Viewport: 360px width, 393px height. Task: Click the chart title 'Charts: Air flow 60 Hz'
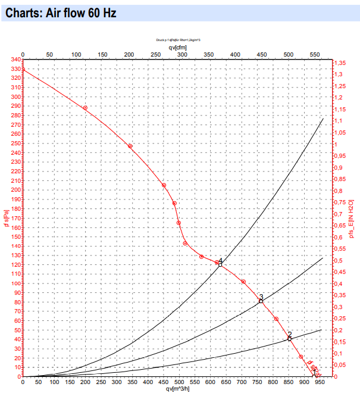tap(58, 12)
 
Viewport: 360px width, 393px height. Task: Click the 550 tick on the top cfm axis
tap(315, 55)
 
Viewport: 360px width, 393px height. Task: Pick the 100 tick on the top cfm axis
tap(76, 55)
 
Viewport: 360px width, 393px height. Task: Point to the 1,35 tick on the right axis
tap(340, 63)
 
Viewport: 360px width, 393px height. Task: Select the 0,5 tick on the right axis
tap(339, 261)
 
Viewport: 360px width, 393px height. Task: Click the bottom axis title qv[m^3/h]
tap(179, 389)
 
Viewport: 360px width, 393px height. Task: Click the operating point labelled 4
tap(220, 264)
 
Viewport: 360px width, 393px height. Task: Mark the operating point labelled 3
tap(261, 301)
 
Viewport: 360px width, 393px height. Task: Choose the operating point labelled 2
tap(290, 338)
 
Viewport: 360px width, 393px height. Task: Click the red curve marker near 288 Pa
tap(85, 108)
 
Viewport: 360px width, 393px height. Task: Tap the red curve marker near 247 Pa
tap(130, 146)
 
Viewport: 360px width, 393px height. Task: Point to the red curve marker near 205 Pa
tap(164, 185)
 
